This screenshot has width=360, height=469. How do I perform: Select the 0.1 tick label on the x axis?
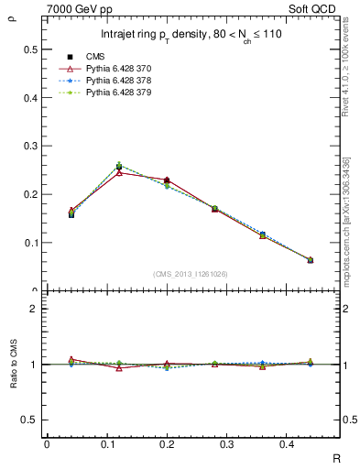[106, 443]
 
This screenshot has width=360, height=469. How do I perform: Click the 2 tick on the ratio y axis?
[34, 310]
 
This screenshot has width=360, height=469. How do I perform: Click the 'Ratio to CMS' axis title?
[12, 365]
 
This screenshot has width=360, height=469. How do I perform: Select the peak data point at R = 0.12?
[119, 167]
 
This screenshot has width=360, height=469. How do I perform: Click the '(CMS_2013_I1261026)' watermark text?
[191, 273]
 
